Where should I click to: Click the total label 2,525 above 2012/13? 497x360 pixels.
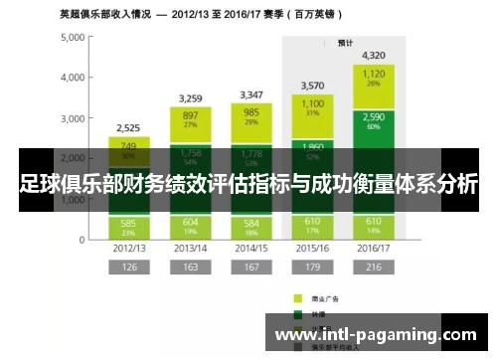coord(127,127)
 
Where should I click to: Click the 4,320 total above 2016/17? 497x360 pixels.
coord(374,56)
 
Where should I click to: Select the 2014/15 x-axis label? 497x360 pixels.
coord(250,247)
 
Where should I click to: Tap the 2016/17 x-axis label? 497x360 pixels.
coord(374,247)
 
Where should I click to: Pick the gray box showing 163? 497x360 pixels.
coord(190,267)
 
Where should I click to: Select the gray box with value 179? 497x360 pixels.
coord(312,267)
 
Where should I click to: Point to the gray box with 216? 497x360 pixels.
coord(374,267)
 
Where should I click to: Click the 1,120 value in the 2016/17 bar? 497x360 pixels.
coord(374,74)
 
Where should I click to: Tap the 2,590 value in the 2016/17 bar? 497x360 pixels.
coord(374,117)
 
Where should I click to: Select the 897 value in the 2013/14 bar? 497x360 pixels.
coord(190,115)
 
